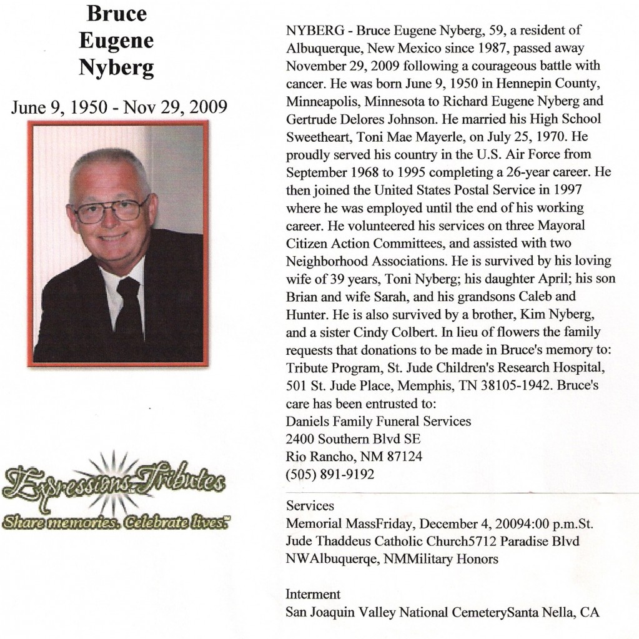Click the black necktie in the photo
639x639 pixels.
pyautogui.click(x=129, y=312)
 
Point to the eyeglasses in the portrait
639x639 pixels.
pyautogui.click(x=110, y=210)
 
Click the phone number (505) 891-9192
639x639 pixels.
pyautogui.click(x=330, y=474)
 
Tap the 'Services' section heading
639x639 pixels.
pyautogui.click(x=310, y=505)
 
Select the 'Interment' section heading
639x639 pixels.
pyautogui.click(x=313, y=594)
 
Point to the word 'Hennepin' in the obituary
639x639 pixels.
pyautogui.click(x=483, y=82)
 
